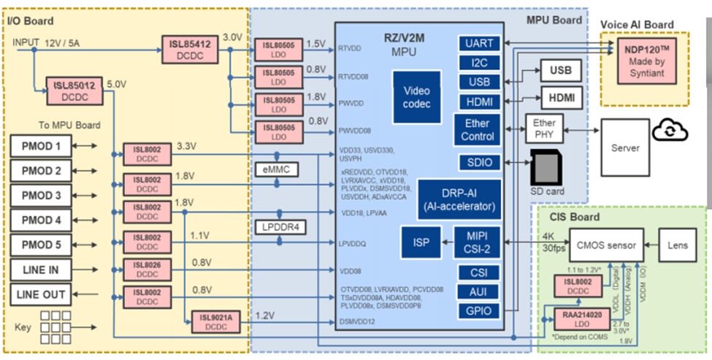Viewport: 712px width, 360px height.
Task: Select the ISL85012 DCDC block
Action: [x=73, y=91]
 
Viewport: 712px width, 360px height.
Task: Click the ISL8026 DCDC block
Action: [x=148, y=268]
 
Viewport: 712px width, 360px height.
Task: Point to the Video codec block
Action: [x=416, y=98]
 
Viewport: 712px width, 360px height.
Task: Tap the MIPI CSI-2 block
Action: [x=478, y=242]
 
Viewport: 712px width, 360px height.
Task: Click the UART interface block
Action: [x=478, y=44]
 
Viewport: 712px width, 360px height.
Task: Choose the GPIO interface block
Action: [x=478, y=311]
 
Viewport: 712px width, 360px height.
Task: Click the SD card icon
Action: [x=547, y=170]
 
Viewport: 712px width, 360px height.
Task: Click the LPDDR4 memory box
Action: [x=280, y=227]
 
